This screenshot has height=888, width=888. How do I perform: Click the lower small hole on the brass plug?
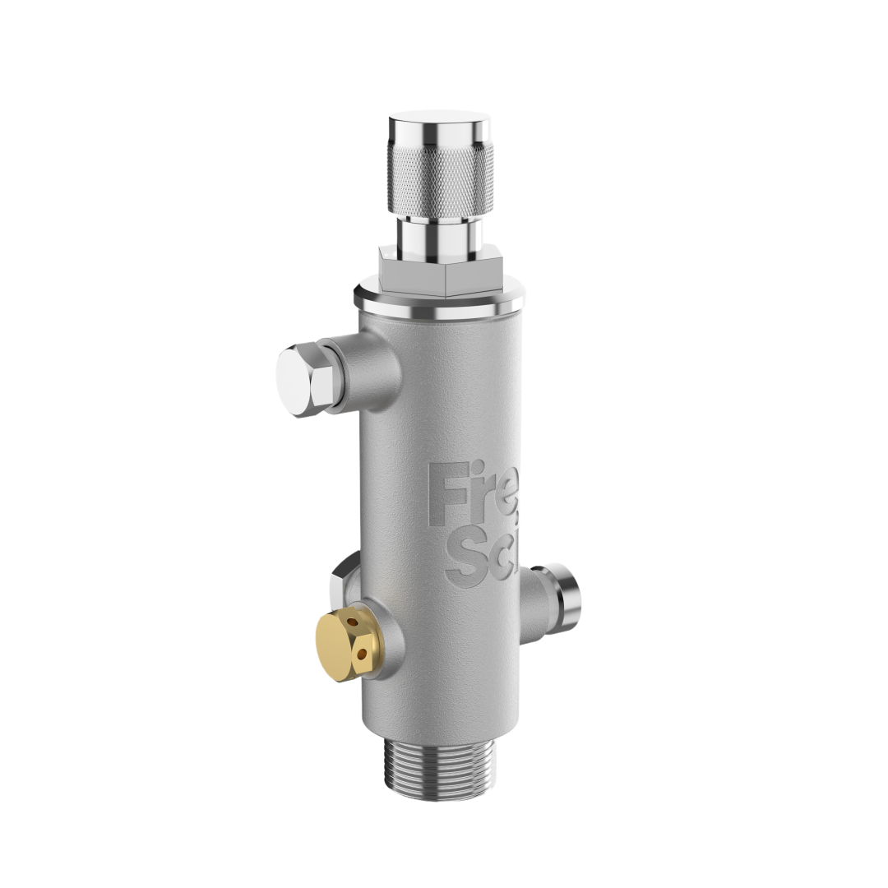coord(361,654)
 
